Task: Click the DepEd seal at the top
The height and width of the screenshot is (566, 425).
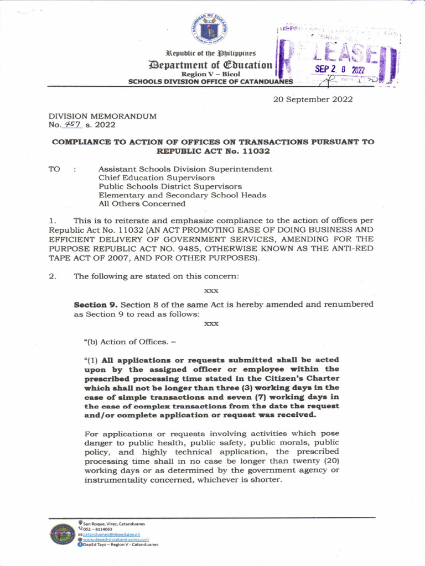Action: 209,29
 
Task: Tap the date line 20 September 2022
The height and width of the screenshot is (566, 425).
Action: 313,99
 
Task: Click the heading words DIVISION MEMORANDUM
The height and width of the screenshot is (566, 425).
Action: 102,117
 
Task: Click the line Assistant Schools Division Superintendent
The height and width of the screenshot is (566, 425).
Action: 185,169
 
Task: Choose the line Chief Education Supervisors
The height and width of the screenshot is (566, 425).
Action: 157,178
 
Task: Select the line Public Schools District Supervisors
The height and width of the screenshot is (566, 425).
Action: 170,187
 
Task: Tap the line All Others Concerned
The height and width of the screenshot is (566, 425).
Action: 142,204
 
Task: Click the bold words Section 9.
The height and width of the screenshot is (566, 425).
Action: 96,305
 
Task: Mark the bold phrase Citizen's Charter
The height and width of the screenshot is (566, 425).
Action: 307,378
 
